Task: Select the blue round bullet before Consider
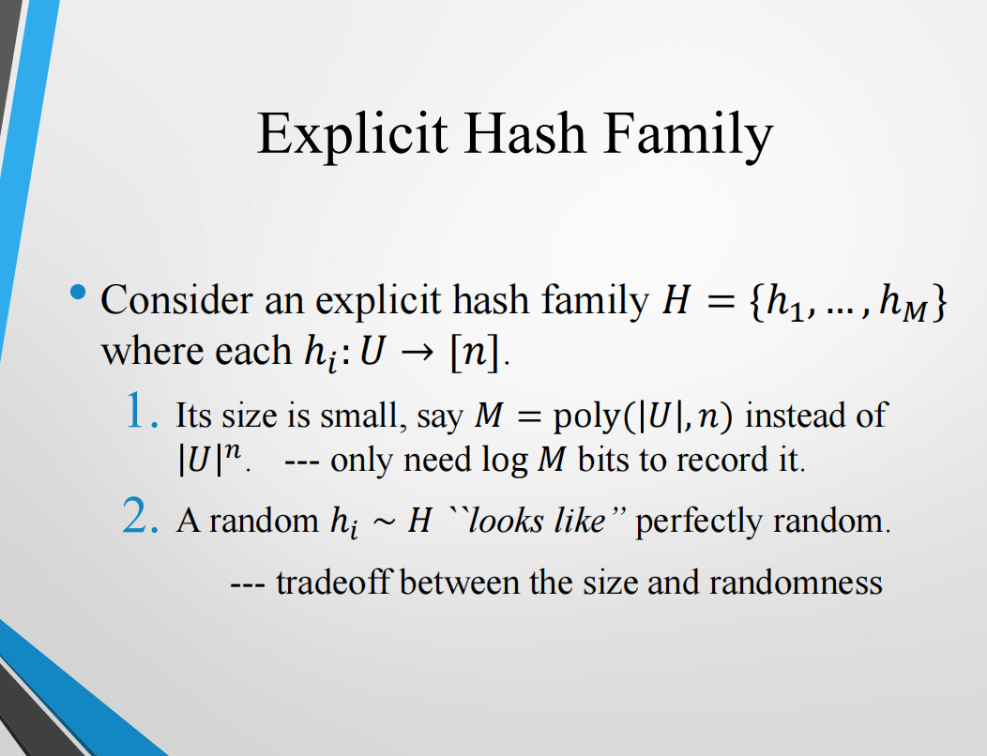click(78, 294)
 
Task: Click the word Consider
click(175, 300)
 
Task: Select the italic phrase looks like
click(536, 521)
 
